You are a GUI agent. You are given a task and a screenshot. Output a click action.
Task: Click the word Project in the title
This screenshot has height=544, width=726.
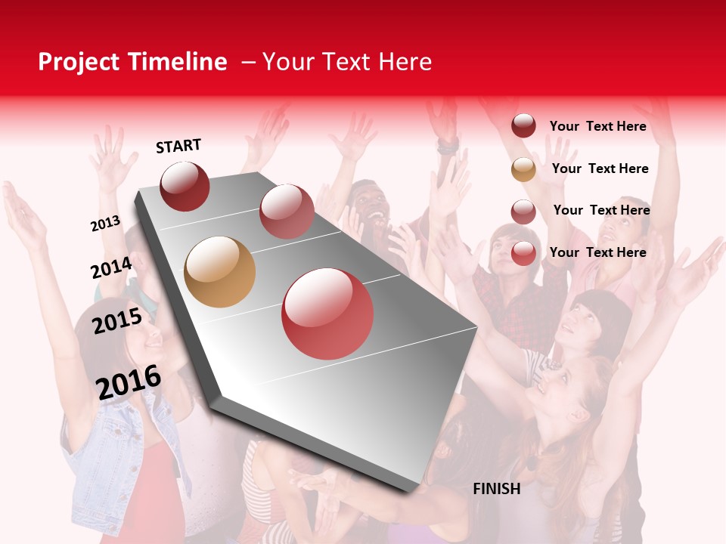79,63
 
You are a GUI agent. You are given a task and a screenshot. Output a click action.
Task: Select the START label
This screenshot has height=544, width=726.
178,146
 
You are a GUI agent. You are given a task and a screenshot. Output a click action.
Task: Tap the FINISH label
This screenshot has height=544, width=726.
497,489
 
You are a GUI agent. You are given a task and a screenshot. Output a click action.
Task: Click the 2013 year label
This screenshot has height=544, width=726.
106,224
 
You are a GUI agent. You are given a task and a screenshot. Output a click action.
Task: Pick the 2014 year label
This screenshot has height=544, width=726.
111,267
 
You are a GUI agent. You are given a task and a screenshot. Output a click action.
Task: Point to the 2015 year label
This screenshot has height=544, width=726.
117,321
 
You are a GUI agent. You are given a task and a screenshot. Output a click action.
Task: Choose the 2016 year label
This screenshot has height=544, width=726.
129,382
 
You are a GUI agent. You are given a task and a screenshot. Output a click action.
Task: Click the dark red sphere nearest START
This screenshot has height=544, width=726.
185,186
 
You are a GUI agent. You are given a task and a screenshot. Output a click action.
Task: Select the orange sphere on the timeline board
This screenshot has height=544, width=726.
219,272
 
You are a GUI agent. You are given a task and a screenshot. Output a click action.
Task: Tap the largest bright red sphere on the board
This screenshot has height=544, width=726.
327,314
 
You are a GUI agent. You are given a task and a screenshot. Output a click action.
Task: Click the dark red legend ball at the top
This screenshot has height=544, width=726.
523,126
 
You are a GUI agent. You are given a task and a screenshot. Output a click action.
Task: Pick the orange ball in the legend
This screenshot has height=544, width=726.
523,169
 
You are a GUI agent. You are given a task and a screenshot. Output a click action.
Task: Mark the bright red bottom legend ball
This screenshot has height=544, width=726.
523,253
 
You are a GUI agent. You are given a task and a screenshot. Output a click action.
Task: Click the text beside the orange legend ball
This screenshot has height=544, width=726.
600,168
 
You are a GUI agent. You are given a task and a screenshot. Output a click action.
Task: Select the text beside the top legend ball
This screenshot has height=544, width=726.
598,126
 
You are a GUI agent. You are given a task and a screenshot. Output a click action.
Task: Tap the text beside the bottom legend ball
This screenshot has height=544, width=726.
598,252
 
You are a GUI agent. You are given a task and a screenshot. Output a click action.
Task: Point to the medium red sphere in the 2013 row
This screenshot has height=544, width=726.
287,212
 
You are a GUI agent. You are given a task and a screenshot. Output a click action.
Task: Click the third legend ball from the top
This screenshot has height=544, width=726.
523,212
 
